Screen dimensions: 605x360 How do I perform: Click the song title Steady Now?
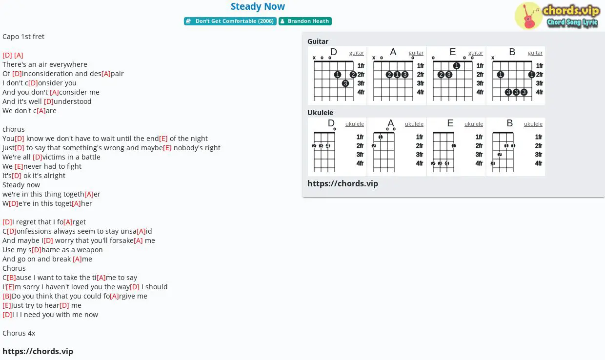[x=258, y=6]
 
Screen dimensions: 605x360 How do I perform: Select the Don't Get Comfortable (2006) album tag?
[x=230, y=21]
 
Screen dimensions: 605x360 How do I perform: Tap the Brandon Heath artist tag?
[x=305, y=21]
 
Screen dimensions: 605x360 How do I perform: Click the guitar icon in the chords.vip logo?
[x=528, y=16]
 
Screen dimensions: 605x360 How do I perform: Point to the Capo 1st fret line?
[x=23, y=37]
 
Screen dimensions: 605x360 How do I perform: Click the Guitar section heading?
[x=318, y=41]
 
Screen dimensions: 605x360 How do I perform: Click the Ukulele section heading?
[x=320, y=112]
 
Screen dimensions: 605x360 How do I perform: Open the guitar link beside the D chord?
[x=357, y=53]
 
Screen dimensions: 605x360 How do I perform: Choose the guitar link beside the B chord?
[x=535, y=53]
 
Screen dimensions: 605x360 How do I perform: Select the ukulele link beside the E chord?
[x=473, y=124]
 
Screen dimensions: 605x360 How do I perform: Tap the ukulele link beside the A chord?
[x=414, y=124]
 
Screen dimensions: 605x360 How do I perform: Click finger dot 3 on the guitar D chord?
[x=345, y=83]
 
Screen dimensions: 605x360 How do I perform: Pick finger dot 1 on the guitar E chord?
[x=457, y=66]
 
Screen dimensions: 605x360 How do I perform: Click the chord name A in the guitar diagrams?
[x=393, y=52]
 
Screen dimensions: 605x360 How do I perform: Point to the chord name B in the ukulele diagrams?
[x=510, y=123]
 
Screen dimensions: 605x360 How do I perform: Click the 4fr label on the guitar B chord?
[x=539, y=92]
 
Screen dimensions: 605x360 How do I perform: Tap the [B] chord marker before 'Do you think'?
[x=7, y=296]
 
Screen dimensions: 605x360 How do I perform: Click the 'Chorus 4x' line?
[x=19, y=333]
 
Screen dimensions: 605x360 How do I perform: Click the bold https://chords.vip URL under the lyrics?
[x=38, y=351]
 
